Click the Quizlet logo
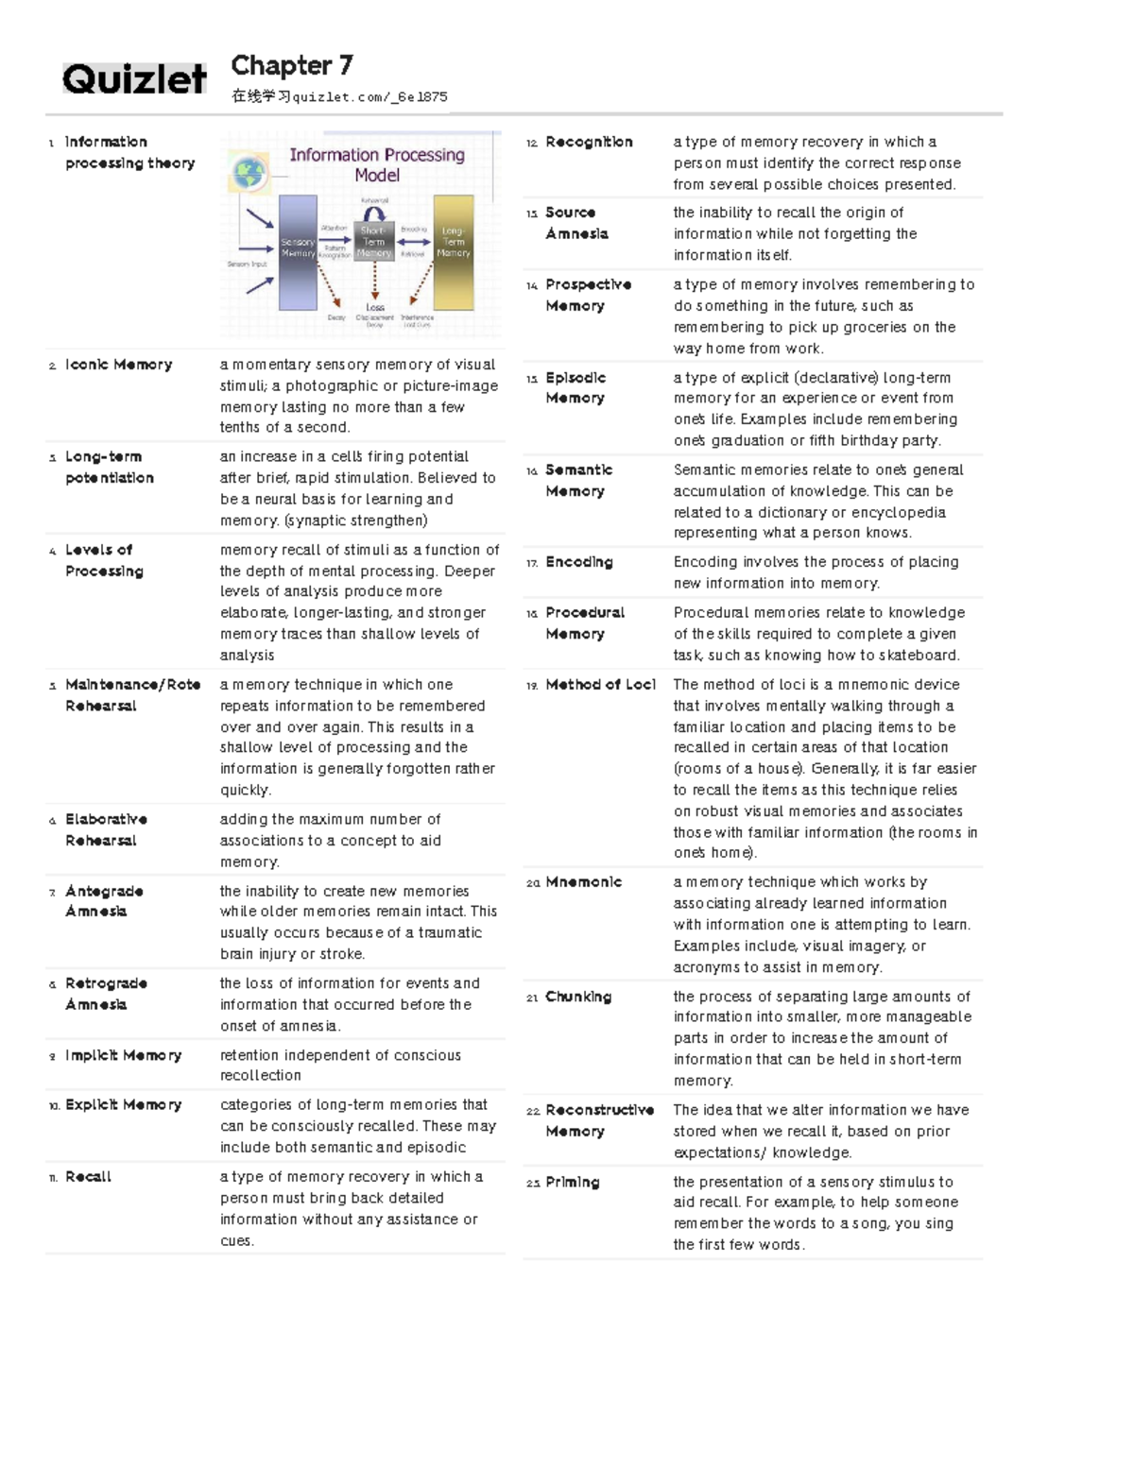coord(134,78)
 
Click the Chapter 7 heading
coord(292,65)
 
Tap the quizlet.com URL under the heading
coord(339,96)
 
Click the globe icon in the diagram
coord(250,173)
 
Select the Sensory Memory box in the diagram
coord(298,252)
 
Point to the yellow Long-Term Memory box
coord(454,252)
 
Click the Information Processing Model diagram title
coord(376,164)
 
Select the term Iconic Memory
coord(118,365)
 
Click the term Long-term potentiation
coord(109,467)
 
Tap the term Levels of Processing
coord(104,560)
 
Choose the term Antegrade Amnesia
coord(104,901)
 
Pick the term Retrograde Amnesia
coord(106,994)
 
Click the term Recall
coord(88,1177)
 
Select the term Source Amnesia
coord(576,223)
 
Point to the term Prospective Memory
coord(588,295)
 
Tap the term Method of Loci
coord(600,685)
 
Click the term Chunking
coord(578,997)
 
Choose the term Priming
coord(572,1182)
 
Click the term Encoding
coord(578,562)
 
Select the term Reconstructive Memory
coord(599,1120)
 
